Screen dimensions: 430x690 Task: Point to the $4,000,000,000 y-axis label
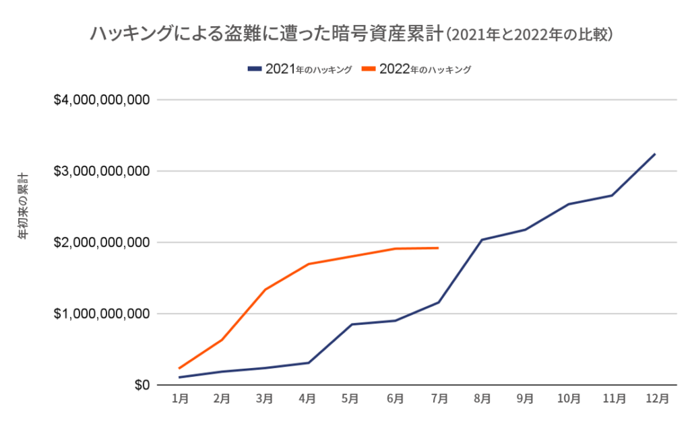pyautogui.click(x=101, y=100)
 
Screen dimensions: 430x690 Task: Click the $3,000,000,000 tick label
pyautogui.click(x=101, y=172)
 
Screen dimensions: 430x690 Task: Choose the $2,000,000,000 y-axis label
pyautogui.click(x=101, y=242)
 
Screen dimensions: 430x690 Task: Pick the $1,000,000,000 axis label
pyautogui.click(x=101, y=314)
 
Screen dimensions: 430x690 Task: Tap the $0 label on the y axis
pyautogui.click(x=139, y=385)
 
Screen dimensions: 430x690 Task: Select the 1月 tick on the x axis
pyautogui.click(x=179, y=398)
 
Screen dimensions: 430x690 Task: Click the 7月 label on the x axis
pyautogui.click(x=439, y=398)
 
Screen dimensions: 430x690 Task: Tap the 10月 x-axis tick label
pyautogui.click(x=568, y=398)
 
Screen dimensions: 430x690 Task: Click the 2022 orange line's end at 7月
pyautogui.click(x=439, y=248)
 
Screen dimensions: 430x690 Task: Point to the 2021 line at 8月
pyautogui.click(x=482, y=240)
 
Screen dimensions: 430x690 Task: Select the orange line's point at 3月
pyautogui.click(x=265, y=289)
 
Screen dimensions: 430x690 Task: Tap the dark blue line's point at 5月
pyautogui.click(x=352, y=324)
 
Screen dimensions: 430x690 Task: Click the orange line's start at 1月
pyautogui.click(x=179, y=368)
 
